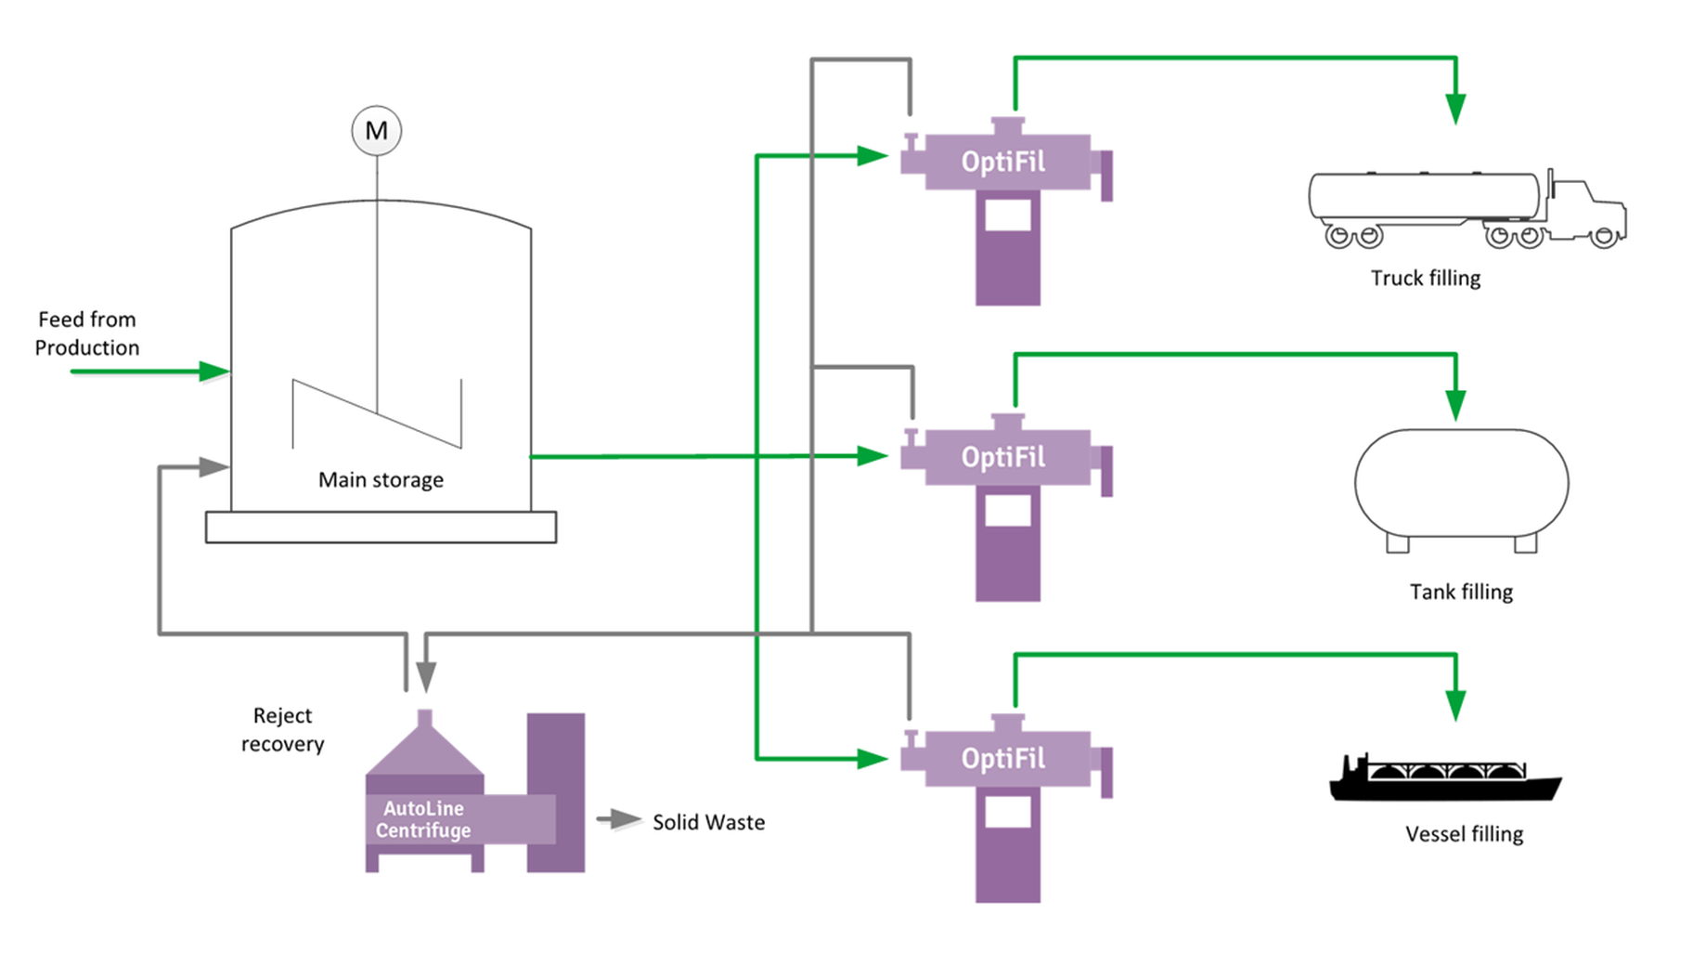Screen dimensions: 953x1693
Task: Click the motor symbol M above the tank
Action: pos(376,131)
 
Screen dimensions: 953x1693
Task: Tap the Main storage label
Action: pos(381,480)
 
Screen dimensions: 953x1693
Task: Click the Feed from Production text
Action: pos(87,333)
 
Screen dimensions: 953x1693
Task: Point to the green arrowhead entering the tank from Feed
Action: pos(214,372)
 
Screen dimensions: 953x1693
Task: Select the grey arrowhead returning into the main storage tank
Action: pos(213,467)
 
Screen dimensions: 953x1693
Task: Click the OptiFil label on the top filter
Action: pos(1002,163)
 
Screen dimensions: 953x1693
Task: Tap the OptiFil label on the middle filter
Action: pos(1002,457)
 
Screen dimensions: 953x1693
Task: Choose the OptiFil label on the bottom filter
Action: pos(1002,759)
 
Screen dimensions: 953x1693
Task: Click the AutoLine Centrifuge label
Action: pos(423,819)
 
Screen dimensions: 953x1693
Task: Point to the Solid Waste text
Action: pos(708,823)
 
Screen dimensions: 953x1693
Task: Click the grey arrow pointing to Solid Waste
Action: pos(619,820)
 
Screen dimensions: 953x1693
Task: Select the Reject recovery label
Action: pos(282,729)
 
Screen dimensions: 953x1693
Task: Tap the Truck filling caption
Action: pos(1425,278)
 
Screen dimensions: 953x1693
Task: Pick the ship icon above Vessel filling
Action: pos(1443,780)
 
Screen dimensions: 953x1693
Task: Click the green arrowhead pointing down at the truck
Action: pos(1455,108)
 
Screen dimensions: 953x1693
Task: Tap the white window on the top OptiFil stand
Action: pos(1007,215)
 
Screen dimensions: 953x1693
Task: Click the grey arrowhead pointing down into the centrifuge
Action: pos(426,676)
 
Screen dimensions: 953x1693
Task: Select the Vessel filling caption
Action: pos(1464,834)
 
